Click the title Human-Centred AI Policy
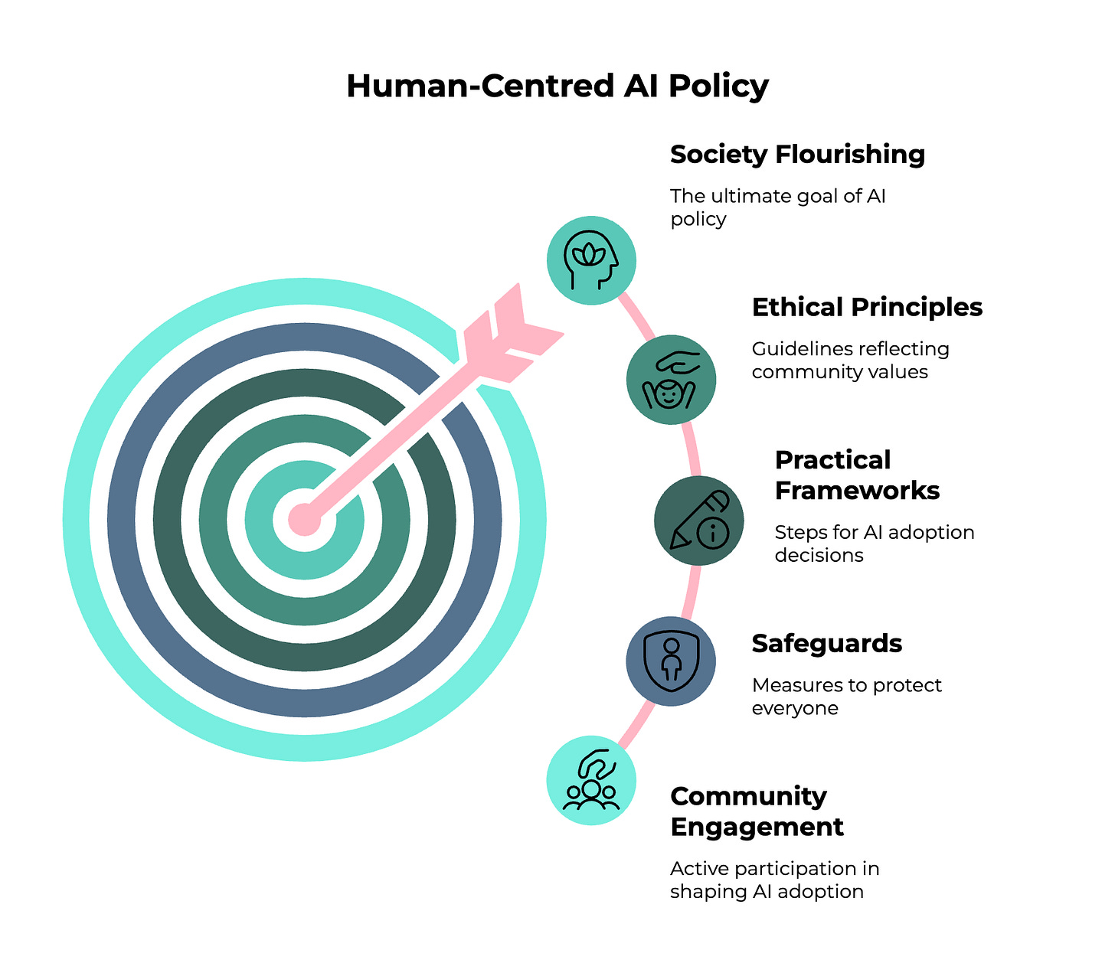click(557, 86)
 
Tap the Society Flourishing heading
click(797, 155)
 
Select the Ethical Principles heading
click(867, 308)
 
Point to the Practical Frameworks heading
click(857, 475)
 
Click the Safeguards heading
click(826, 644)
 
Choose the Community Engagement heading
click(757, 811)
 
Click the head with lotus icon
click(591, 260)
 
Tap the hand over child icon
click(671, 379)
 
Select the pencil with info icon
click(698, 521)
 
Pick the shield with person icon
click(671, 661)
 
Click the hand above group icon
click(591, 781)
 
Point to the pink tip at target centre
click(304, 520)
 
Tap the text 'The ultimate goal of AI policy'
click(777, 207)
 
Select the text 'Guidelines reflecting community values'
click(850, 361)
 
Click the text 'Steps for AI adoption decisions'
click(874, 544)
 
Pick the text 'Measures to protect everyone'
click(846, 697)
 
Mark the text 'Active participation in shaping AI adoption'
click(774, 880)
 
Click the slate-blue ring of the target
click(130, 520)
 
